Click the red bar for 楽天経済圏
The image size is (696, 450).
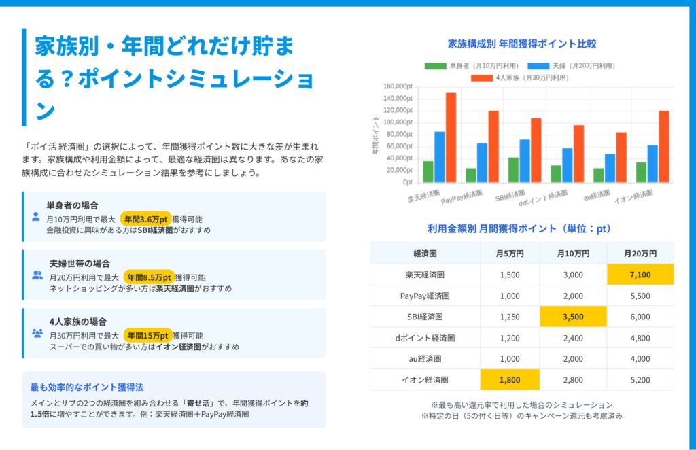click(451, 138)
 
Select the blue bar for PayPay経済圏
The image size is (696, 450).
click(482, 162)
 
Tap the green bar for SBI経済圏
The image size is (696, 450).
click(513, 170)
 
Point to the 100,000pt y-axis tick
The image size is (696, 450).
click(398, 122)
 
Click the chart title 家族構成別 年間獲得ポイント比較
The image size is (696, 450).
click(522, 44)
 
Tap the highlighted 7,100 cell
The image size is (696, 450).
click(640, 275)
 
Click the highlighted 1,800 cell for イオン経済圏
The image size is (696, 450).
click(510, 380)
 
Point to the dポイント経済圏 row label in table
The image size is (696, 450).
click(425, 338)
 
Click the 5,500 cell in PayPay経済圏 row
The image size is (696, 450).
click(640, 296)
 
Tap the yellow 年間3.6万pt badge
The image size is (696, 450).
click(146, 219)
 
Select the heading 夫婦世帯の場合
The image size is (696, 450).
click(80, 263)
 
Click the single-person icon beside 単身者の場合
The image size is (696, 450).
click(36, 218)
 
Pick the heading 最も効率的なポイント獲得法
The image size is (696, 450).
click(86, 387)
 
